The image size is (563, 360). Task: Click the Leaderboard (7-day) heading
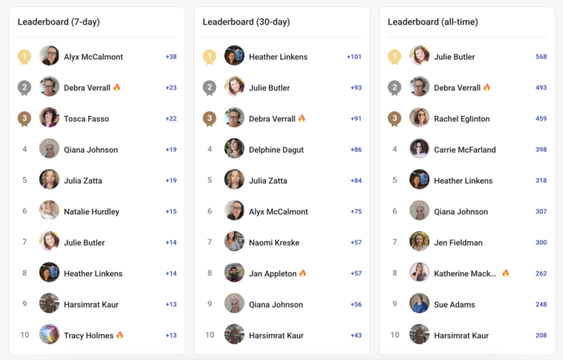59,22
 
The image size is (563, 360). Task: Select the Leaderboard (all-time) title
432,22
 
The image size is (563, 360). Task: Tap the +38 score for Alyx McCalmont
171,56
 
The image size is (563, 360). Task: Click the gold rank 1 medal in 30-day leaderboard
210,57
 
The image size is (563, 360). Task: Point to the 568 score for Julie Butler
541,56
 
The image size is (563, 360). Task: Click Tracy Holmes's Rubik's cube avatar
49,334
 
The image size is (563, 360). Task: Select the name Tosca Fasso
87,118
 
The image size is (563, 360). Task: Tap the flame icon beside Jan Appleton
303,273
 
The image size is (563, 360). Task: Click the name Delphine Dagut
277,149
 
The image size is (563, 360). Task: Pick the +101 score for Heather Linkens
354,56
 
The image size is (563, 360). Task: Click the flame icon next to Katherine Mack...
506,273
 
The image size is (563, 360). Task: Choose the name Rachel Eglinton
462,118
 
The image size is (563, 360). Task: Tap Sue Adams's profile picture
419,303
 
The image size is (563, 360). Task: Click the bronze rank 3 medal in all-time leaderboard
395,118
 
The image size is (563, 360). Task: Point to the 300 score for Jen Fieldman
541,243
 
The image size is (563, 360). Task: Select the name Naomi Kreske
274,243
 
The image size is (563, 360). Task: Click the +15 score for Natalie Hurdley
171,211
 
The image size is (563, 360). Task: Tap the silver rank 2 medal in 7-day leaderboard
24,88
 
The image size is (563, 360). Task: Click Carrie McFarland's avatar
419,149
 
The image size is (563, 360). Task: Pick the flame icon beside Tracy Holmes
120,335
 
